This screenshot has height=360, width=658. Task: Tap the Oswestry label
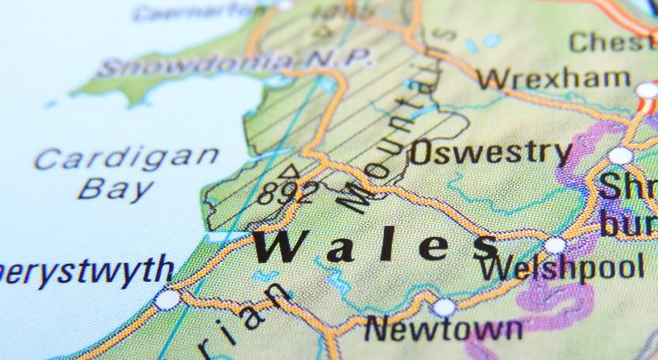click(490, 152)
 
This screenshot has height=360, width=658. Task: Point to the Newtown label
click(443, 327)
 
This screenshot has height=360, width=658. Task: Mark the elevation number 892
click(289, 193)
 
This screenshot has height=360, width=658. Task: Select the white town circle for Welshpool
click(555, 245)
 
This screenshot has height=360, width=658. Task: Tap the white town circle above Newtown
click(445, 307)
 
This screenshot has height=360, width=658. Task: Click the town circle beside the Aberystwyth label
click(167, 299)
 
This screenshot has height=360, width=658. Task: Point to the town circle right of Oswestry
click(621, 155)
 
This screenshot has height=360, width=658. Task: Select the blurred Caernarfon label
click(201, 11)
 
